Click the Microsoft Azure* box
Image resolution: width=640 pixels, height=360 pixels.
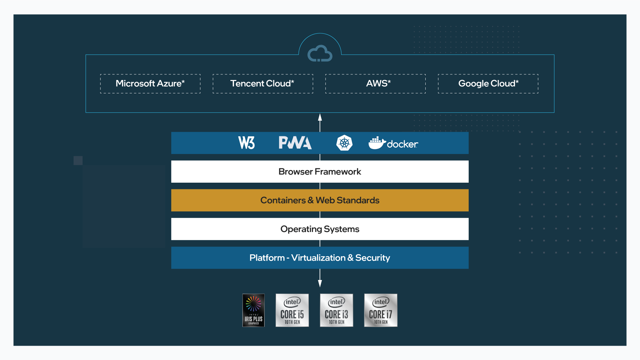click(x=150, y=84)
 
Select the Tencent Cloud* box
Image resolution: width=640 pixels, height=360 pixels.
click(x=263, y=84)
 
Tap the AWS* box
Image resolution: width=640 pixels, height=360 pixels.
click(x=375, y=84)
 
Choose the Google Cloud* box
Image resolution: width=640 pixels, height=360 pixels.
click(x=488, y=84)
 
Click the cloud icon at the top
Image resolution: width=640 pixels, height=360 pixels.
click(x=320, y=53)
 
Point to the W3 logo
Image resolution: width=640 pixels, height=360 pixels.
click(x=247, y=143)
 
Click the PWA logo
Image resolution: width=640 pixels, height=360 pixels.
click(x=295, y=143)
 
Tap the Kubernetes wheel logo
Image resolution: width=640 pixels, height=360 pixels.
click(x=344, y=143)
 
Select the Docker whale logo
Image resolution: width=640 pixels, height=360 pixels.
click(x=377, y=143)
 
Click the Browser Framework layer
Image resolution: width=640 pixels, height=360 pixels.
click(x=320, y=172)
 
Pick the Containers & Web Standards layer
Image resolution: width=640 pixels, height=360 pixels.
click(x=320, y=200)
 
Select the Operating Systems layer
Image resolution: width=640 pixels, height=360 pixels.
click(x=320, y=229)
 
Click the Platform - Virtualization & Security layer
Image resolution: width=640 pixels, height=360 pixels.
click(x=320, y=258)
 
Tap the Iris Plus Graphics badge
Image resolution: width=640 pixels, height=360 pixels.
click(x=253, y=310)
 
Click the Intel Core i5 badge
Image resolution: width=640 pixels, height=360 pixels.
click(x=292, y=310)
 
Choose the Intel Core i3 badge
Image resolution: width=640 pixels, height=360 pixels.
click(x=336, y=310)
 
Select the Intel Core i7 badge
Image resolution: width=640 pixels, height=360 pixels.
click(x=381, y=310)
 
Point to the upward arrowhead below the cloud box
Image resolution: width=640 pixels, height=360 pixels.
click(x=320, y=117)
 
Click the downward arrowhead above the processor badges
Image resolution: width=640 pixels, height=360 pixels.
click(x=320, y=283)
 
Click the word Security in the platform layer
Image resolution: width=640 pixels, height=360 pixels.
click(x=372, y=258)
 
